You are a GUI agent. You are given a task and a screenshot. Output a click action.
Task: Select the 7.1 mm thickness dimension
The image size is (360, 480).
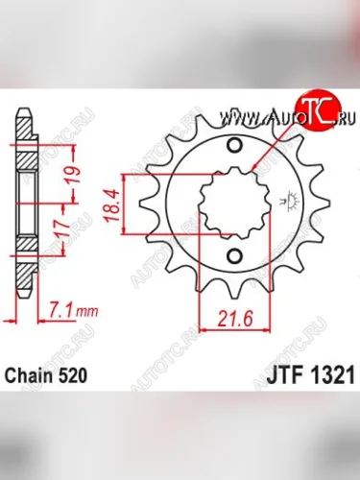[60, 309]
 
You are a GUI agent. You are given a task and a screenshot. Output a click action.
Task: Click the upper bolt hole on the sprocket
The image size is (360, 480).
[235, 146]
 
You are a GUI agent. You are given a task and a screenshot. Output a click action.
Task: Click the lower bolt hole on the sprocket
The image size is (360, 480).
[235, 255]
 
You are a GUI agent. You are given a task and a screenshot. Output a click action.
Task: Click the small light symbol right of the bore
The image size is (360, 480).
[286, 201]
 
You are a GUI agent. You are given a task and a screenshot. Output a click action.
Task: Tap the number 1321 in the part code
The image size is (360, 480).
[324, 378]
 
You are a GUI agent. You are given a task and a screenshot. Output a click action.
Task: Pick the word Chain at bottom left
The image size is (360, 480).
[30, 378]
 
